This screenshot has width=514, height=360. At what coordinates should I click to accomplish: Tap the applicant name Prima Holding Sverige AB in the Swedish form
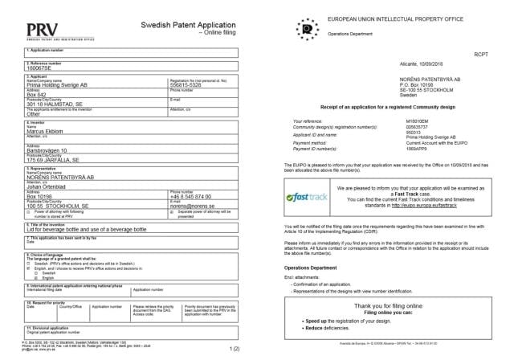(60, 84)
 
